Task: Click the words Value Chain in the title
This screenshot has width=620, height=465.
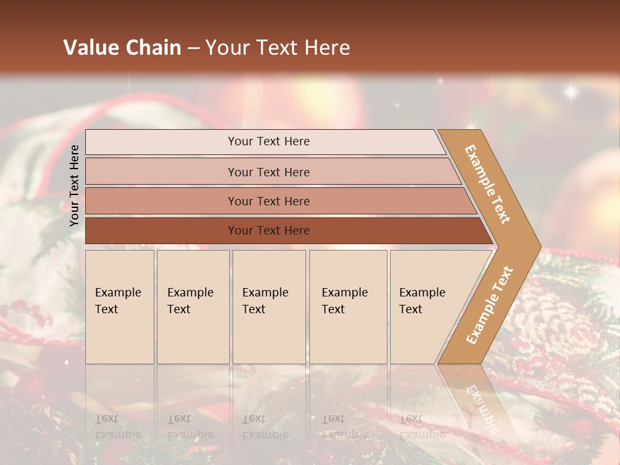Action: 122,48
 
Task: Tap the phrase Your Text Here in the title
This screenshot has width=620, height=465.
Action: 278,48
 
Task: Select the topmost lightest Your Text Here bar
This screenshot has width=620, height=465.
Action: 268,141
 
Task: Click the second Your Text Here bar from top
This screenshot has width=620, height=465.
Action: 268,172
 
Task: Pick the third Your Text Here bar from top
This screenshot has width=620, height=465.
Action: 268,201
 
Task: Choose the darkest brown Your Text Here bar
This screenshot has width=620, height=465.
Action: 268,231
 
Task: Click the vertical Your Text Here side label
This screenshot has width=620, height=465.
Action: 74,185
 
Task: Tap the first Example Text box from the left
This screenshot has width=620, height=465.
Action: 119,306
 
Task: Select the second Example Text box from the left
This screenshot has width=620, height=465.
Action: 193,306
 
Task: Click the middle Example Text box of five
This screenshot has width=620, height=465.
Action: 269,306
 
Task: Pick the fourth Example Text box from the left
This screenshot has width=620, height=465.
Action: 348,306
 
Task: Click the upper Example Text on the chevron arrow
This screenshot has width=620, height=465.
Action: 488,184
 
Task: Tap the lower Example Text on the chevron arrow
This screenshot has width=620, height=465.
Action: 490,305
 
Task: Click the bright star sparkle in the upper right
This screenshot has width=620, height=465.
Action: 571,92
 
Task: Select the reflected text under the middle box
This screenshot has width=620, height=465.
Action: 265,427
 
